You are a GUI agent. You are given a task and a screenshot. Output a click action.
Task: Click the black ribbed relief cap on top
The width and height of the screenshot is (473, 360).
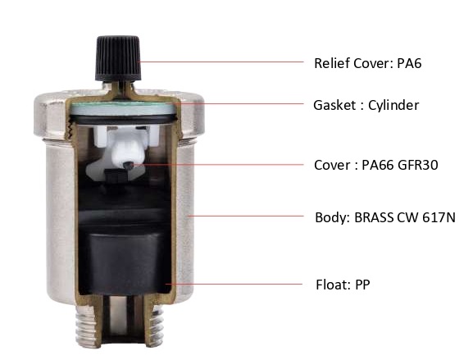118,58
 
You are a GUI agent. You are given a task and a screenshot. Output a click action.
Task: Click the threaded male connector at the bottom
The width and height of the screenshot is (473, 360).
120,325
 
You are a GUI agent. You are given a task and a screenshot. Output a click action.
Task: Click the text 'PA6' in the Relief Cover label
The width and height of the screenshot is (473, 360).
409,63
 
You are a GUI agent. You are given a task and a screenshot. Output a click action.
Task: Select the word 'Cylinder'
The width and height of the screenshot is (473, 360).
393,105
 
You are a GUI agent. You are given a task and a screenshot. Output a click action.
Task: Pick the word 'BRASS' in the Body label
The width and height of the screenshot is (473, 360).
374,217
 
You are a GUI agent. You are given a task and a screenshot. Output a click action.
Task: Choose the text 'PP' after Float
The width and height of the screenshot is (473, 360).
362,285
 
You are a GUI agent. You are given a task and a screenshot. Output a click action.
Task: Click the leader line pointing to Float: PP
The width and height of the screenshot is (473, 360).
234,284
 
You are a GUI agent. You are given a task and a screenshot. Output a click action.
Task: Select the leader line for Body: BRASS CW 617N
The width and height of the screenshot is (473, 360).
246,216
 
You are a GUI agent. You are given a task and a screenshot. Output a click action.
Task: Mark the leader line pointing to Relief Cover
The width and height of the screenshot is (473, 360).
221,62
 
